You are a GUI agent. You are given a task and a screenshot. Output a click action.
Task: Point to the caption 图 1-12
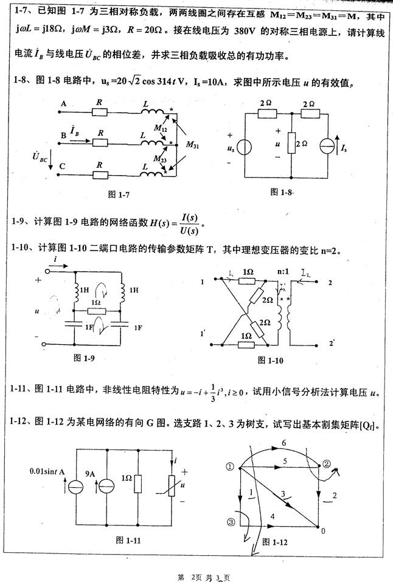pos(274,541)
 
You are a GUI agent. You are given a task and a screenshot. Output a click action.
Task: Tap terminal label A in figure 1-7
pos(63,104)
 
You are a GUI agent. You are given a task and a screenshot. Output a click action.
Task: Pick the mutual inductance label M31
pos(192,145)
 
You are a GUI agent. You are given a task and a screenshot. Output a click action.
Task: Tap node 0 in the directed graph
pos(322,531)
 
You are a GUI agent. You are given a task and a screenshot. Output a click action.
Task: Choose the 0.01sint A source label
pos(48,471)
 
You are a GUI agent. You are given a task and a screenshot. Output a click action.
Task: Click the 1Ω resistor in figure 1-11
pos(138,485)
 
